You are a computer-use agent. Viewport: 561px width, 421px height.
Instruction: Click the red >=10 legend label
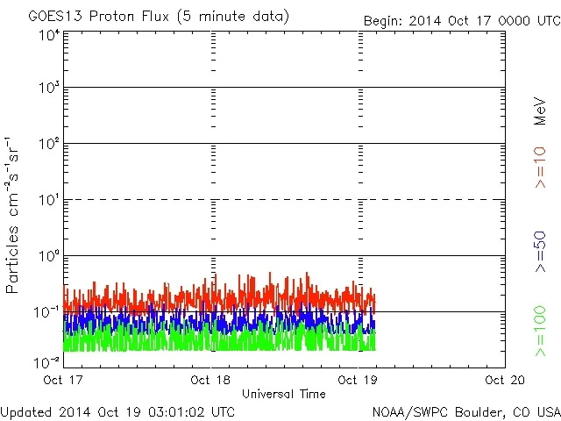tap(540, 167)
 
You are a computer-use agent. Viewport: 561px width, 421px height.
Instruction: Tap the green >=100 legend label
tap(540, 332)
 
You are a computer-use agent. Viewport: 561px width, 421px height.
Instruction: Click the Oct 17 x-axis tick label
tap(64, 380)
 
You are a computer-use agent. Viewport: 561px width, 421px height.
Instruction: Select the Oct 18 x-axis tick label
tap(210, 380)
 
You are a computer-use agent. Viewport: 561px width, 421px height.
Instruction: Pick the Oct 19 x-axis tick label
tap(358, 380)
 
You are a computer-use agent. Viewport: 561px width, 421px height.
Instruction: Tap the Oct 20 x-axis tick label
tap(504, 380)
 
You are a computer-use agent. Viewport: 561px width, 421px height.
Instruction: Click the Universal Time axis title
tap(284, 394)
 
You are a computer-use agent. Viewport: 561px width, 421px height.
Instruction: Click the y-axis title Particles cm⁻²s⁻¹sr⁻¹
tap(14, 214)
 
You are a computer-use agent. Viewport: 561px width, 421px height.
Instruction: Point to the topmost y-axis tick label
tap(49, 35)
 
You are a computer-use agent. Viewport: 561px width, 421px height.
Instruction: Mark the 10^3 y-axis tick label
tap(49, 89)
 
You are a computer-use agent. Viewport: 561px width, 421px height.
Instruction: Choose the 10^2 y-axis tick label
tap(49, 145)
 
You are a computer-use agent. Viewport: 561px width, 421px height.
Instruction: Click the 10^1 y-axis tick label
tap(49, 201)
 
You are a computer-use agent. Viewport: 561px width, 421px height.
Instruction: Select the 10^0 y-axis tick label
tap(49, 257)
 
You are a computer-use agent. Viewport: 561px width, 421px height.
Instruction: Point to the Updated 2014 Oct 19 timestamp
tap(117, 410)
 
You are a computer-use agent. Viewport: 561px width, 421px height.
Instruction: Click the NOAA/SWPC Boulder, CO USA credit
tap(465, 410)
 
